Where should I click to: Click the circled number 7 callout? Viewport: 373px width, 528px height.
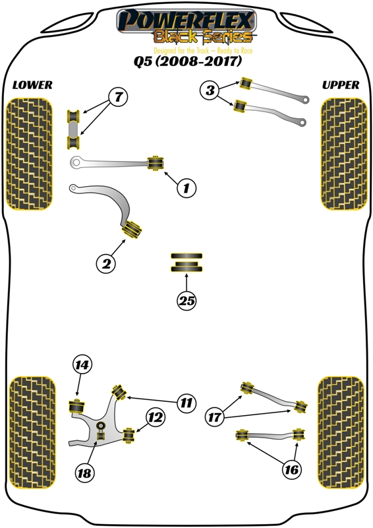[x=119, y=97]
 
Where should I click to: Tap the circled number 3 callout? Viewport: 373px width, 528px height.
[x=210, y=90]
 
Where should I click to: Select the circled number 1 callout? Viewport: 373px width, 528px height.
[x=186, y=187]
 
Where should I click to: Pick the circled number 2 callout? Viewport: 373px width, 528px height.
[x=106, y=263]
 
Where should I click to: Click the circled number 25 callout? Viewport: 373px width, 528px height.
[x=186, y=300]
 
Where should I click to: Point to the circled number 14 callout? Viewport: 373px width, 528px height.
[x=82, y=365]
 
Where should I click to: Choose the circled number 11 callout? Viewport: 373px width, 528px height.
[x=186, y=403]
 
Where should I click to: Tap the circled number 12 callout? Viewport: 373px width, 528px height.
[x=155, y=418]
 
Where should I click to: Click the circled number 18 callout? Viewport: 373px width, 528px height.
[x=84, y=473]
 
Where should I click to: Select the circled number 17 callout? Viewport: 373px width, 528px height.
[x=214, y=418]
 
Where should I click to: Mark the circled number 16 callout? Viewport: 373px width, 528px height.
[x=291, y=469]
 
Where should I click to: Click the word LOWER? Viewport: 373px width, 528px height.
[x=32, y=85]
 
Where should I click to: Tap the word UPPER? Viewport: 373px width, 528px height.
[x=341, y=85]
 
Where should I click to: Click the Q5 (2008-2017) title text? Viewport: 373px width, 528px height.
[x=188, y=61]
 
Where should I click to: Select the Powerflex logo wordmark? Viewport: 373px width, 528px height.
[x=186, y=21]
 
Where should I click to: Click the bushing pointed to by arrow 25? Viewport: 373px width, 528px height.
[x=186, y=262]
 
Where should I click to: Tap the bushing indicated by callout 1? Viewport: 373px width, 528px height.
[x=156, y=163]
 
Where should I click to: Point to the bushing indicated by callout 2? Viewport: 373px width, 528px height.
[x=132, y=229]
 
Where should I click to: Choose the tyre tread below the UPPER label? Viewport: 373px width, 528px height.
[x=344, y=154]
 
